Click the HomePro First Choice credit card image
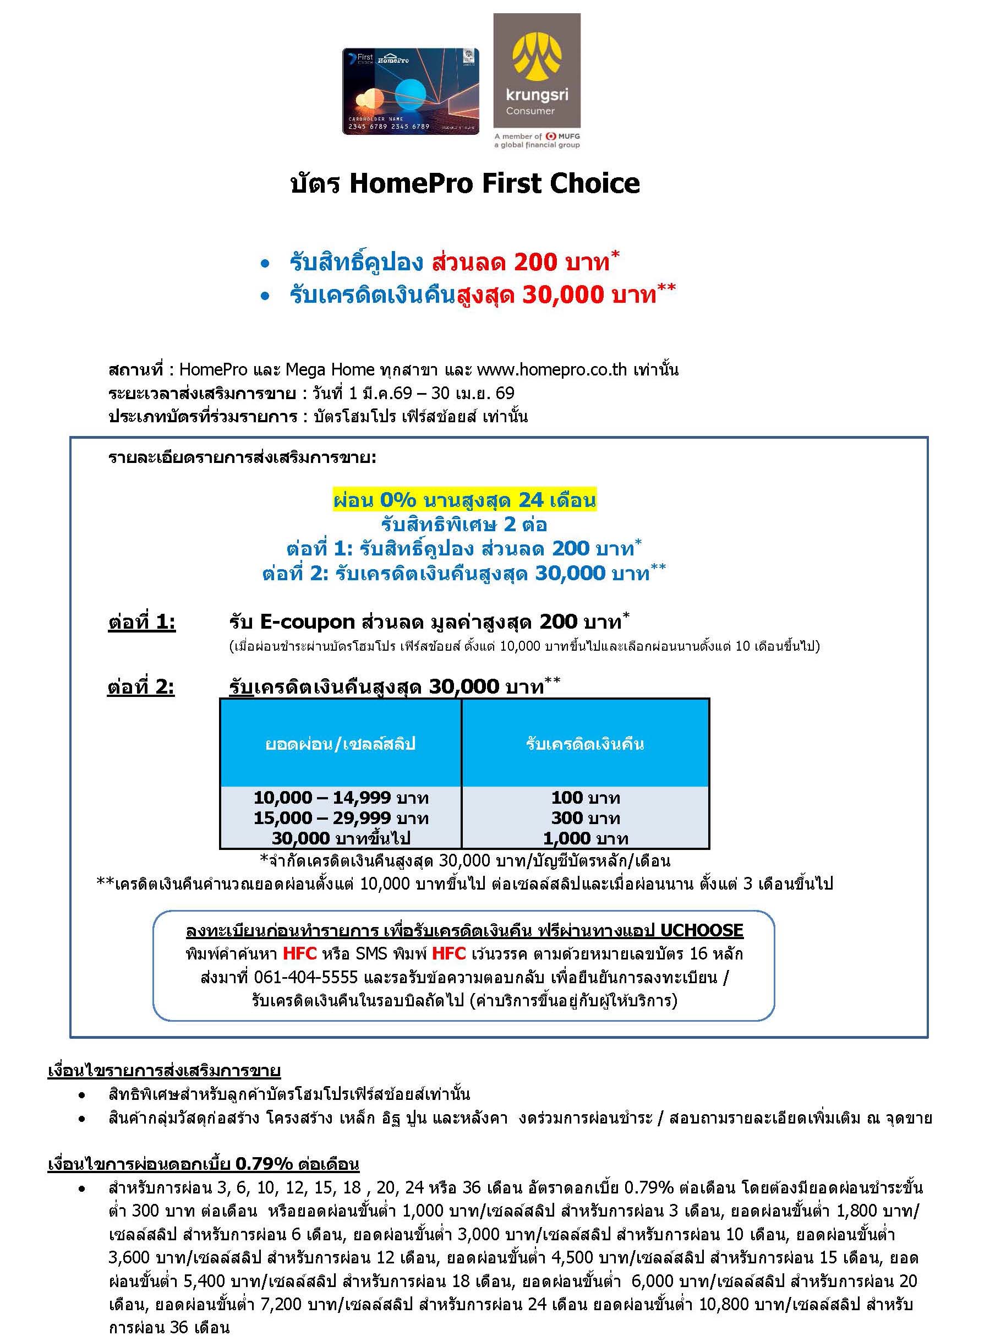pos(410,91)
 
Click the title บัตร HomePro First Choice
pos(465,183)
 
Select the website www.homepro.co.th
pos(551,369)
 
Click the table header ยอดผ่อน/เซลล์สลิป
pos(340,744)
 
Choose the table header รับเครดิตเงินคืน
pos(585,744)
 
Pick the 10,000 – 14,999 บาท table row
pos(341,798)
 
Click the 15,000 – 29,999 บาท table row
pos(341,818)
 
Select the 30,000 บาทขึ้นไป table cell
pos(341,838)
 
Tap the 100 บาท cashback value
pos(586,798)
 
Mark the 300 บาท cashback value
pos(586,818)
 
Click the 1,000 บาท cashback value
pos(586,838)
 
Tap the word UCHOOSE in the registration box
pos(701,930)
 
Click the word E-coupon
pos(307,622)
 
